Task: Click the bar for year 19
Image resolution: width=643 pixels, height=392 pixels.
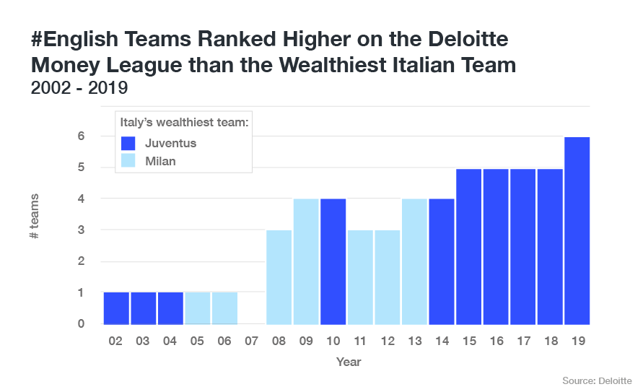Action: pyautogui.click(x=577, y=230)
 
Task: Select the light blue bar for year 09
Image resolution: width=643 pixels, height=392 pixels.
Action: pyautogui.click(x=305, y=261)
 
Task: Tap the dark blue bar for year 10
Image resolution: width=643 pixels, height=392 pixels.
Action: pyautogui.click(x=333, y=261)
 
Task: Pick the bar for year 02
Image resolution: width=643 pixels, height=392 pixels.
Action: pyautogui.click(x=115, y=308)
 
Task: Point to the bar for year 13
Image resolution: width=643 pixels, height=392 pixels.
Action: pyautogui.click(x=414, y=261)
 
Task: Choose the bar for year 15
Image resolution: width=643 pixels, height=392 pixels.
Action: pyautogui.click(x=468, y=246)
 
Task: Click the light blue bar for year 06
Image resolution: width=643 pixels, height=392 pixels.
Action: pyautogui.click(x=224, y=308)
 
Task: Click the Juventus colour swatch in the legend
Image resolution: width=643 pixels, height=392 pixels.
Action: pyautogui.click(x=129, y=142)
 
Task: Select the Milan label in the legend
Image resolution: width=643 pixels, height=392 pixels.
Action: pyautogui.click(x=160, y=161)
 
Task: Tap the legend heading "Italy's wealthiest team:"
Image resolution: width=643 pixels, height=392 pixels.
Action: pyautogui.click(x=184, y=123)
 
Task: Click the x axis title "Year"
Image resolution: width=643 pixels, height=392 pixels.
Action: pyautogui.click(x=349, y=361)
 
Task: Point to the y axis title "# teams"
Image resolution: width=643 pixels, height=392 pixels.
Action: pyautogui.click(x=35, y=217)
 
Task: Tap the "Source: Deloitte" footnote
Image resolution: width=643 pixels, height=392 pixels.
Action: pyautogui.click(x=597, y=380)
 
